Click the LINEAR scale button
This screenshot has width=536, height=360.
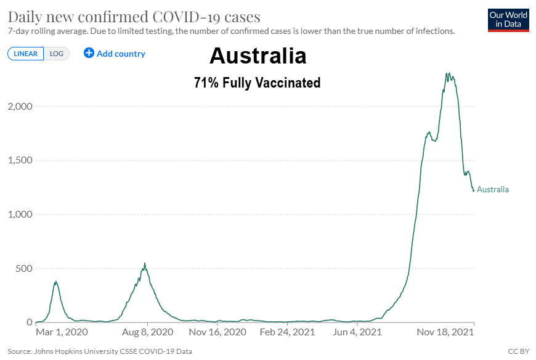click(x=25, y=54)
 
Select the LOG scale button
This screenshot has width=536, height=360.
click(x=57, y=54)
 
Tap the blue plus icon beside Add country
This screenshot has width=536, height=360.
click(x=89, y=53)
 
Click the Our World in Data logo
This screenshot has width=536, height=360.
click(x=508, y=20)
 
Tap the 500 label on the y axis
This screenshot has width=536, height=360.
click(x=23, y=269)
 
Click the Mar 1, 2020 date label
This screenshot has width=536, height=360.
click(x=62, y=332)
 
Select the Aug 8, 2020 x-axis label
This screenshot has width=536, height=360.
click(x=147, y=332)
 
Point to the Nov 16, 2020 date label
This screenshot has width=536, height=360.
click(x=217, y=332)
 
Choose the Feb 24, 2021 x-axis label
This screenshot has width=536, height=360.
click(x=287, y=332)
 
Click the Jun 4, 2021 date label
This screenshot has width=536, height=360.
click(x=357, y=332)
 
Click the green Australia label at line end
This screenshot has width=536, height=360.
click(x=493, y=189)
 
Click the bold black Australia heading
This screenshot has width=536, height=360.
click(x=258, y=56)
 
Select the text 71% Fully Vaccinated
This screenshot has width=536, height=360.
click(x=258, y=83)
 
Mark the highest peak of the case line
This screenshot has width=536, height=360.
click(x=448, y=74)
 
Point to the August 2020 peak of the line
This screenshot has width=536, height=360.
click(x=145, y=264)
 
